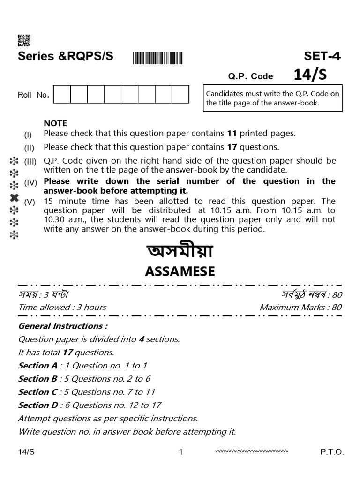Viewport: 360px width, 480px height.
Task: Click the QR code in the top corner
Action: point(24,41)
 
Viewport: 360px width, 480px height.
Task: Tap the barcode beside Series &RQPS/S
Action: point(158,58)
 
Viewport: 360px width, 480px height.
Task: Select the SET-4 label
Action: point(322,57)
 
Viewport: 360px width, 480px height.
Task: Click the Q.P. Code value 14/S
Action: point(310,75)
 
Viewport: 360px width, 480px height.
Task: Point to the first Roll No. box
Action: point(62,94)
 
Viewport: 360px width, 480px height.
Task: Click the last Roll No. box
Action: point(180,94)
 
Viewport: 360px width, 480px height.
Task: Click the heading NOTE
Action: point(55,123)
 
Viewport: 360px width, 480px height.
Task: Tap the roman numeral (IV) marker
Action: point(30,183)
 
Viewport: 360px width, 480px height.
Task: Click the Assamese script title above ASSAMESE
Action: point(180,252)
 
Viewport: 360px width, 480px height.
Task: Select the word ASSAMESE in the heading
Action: point(180,271)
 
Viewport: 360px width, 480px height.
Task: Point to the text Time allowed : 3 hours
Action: point(62,307)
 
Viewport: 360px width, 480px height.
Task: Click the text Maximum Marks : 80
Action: point(300,307)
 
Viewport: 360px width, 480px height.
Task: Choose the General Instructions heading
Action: point(63,326)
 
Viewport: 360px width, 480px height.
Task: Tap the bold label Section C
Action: point(37,392)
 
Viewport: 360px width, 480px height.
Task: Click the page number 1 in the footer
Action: point(180,452)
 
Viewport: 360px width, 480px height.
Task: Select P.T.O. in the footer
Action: point(332,452)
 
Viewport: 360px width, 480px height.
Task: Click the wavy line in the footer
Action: point(251,451)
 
